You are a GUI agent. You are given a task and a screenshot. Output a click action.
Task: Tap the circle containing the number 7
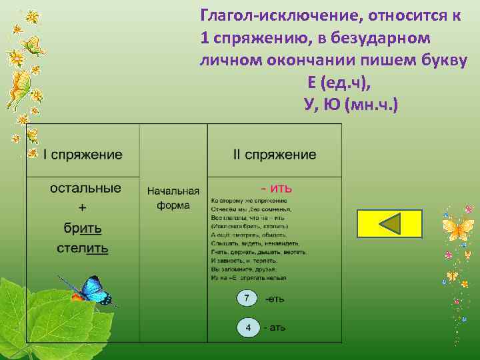[247, 299]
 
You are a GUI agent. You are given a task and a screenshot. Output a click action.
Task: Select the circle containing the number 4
[247, 328]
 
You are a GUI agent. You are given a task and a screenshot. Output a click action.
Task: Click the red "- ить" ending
[275, 188]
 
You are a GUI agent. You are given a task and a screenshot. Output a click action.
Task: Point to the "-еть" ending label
[275, 299]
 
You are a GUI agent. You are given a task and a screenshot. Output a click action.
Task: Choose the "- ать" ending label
[275, 328]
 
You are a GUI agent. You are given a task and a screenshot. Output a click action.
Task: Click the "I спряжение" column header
[83, 155]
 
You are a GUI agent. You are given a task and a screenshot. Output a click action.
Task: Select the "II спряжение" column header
[275, 155]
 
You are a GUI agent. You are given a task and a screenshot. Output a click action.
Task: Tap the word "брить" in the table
[83, 229]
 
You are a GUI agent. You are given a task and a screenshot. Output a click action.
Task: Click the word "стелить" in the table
[83, 249]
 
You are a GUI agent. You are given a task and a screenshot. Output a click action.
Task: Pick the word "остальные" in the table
[85, 188]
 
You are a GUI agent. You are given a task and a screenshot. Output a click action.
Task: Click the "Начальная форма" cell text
[173, 198]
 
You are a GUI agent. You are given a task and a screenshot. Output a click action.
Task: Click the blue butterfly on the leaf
[89, 289]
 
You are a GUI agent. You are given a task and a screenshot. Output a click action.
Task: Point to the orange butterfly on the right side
[458, 230]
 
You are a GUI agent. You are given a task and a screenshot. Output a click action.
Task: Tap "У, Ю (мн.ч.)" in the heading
[349, 105]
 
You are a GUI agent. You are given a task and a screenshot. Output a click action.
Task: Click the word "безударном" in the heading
[380, 39]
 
